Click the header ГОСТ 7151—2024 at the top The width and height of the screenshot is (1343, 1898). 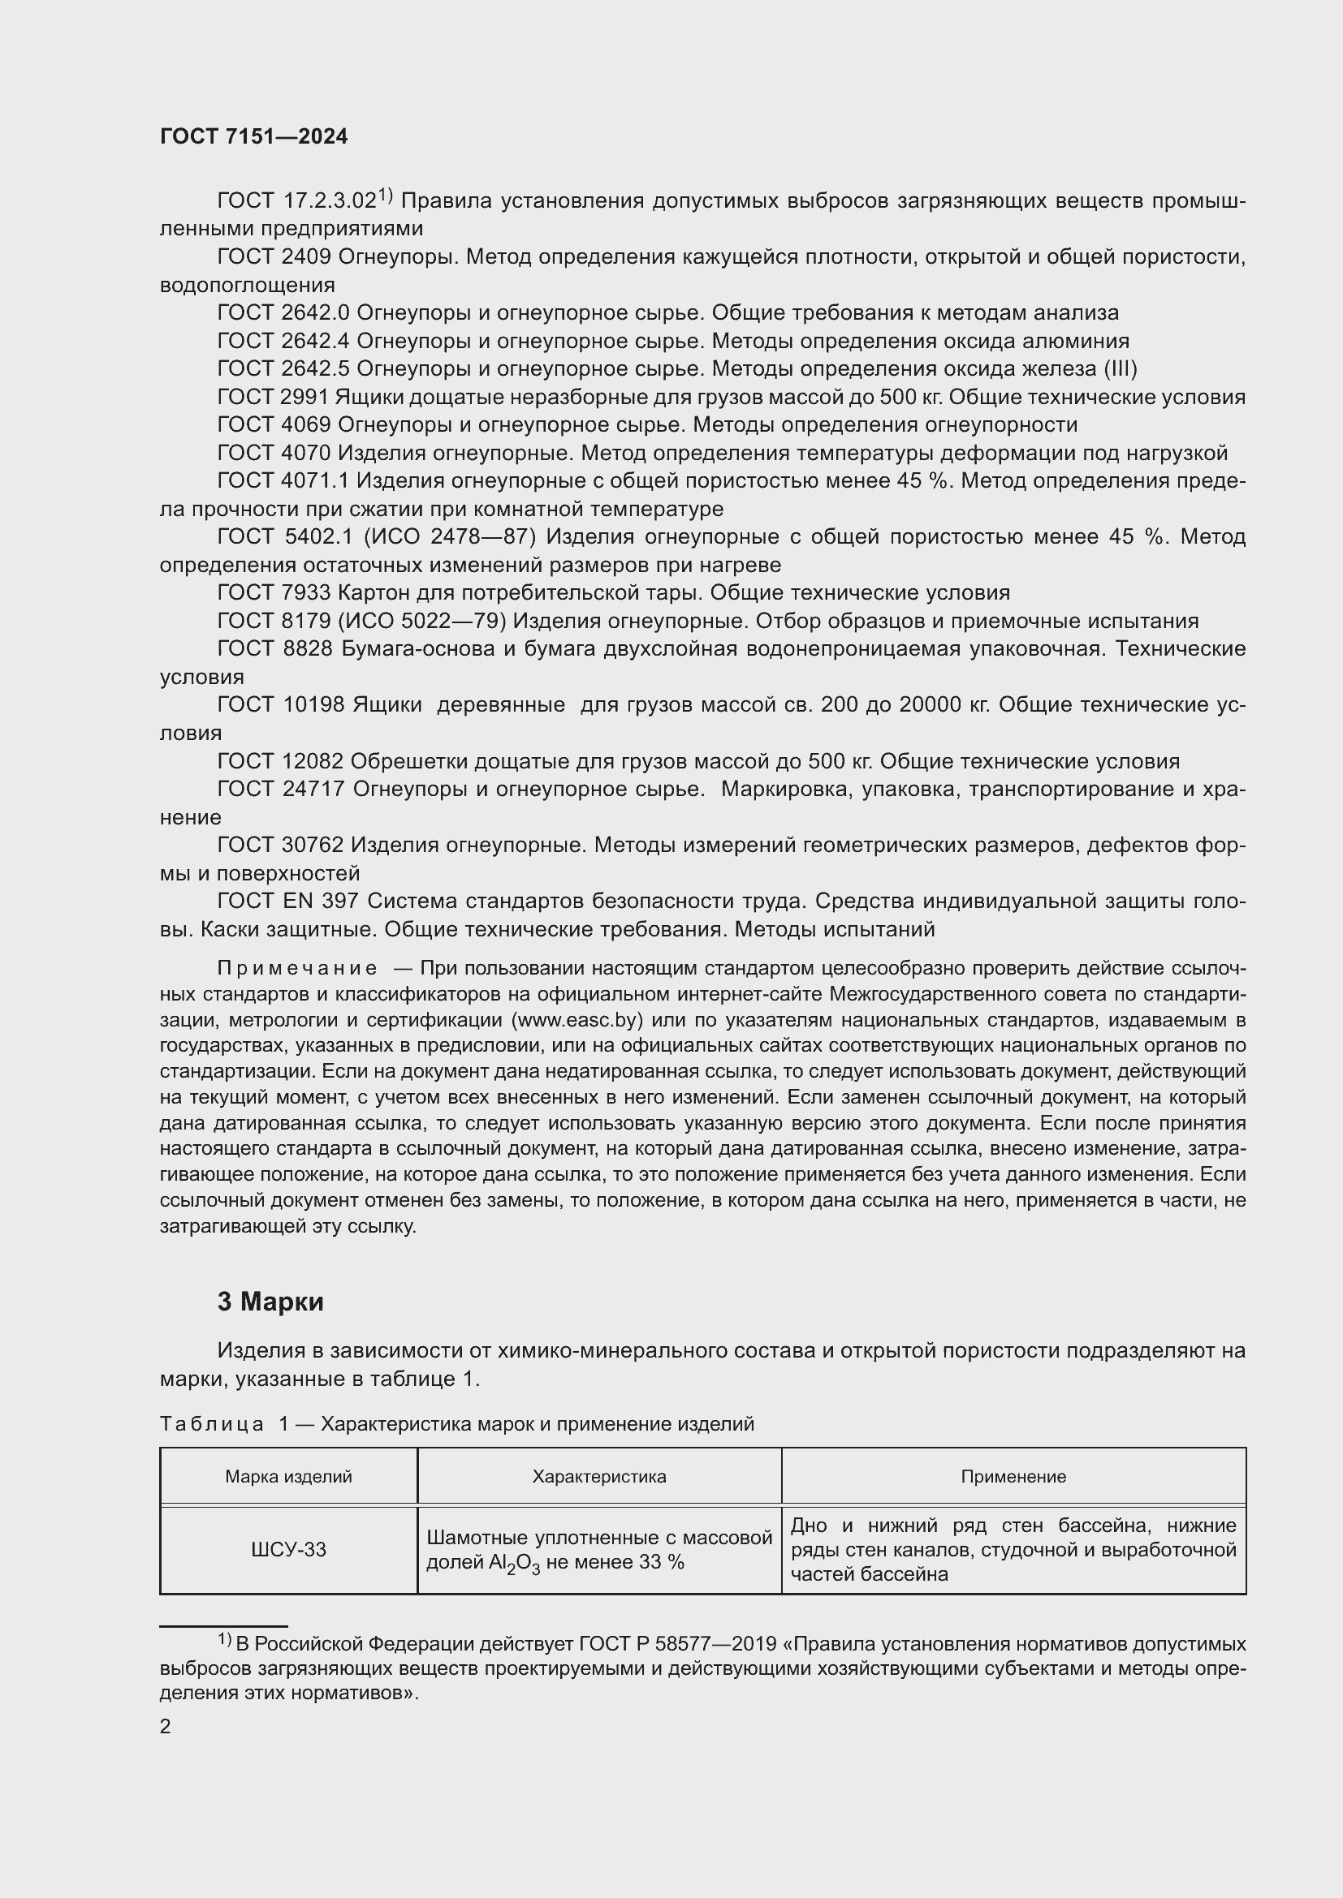pyautogui.click(x=254, y=136)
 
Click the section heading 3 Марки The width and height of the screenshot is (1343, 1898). pyautogui.click(x=270, y=1302)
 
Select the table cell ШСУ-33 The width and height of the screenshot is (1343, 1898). pyautogui.click(x=287, y=1549)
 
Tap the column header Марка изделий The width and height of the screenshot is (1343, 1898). pyautogui.click(x=287, y=1476)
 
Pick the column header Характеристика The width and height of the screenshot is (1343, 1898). pyautogui.click(x=598, y=1476)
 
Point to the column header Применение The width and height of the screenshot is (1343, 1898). pyautogui.click(x=1013, y=1476)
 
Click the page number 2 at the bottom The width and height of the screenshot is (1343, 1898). pyautogui.click(x=166, y=1727)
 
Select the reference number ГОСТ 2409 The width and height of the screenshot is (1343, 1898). pyautogui.click(x=274, y=257)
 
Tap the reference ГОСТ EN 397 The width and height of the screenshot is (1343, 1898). pyautogui.click(x=287, y=901)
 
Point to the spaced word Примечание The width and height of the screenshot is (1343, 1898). pyautogui.click(x=297, y=968)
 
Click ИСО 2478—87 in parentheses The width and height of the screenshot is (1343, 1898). pyautogui.click(x=449, y=537)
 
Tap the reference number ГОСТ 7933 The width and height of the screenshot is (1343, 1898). pyautogui.click(x=274, y=592)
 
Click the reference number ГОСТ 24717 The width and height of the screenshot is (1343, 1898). pyautogui.click(x=280, y=790)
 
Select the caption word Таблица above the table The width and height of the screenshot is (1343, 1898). pyautogui.click(x=212, y=1424)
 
